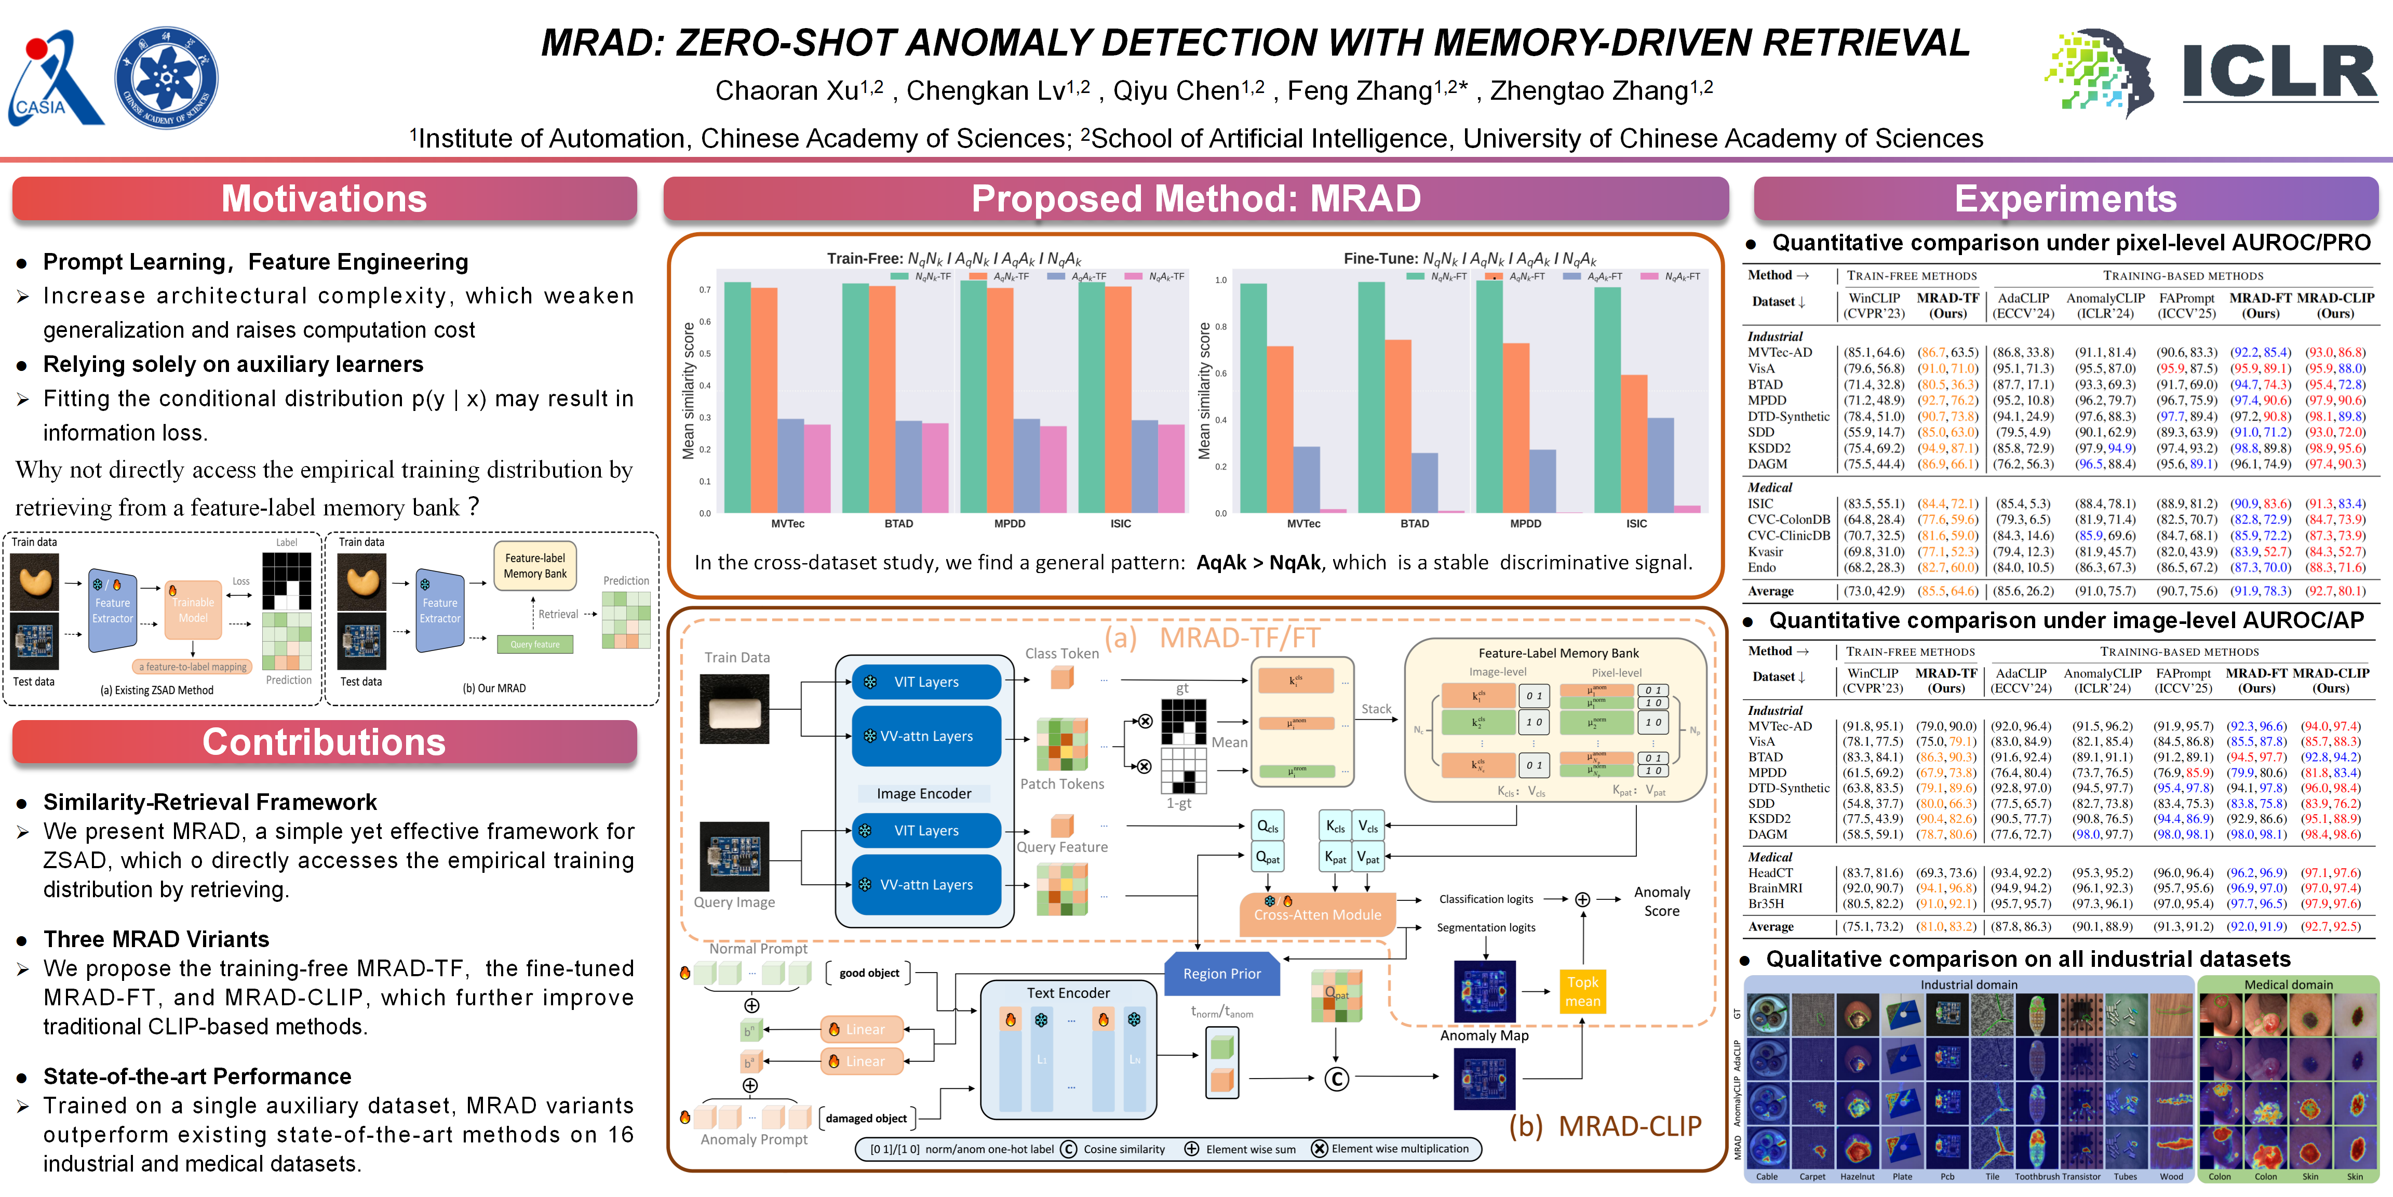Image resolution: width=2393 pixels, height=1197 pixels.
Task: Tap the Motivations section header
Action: pyautogui.click(x=324, y=199)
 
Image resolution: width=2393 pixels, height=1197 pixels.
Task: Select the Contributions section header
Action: pyautogui.click(x=324, y=741)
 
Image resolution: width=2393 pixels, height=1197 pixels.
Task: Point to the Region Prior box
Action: pyautogui.click(x=1221, y=973)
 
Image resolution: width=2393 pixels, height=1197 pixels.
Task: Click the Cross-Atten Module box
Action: pyautogui.click(x=1318, y=914)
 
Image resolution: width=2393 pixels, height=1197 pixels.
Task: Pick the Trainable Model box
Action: pyautogui.click(x=193, y=609)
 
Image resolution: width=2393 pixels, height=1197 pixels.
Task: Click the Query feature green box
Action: pyautogui.click(x=535, y=644)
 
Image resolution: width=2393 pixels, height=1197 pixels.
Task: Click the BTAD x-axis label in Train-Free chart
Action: pyautogui.click(x=898, y=524)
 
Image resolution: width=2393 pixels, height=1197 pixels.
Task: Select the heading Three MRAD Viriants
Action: pyautogui.click(x=156, y=939)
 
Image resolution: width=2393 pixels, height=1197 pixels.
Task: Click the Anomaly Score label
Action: pyautogui.click(x=1662, y=901)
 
